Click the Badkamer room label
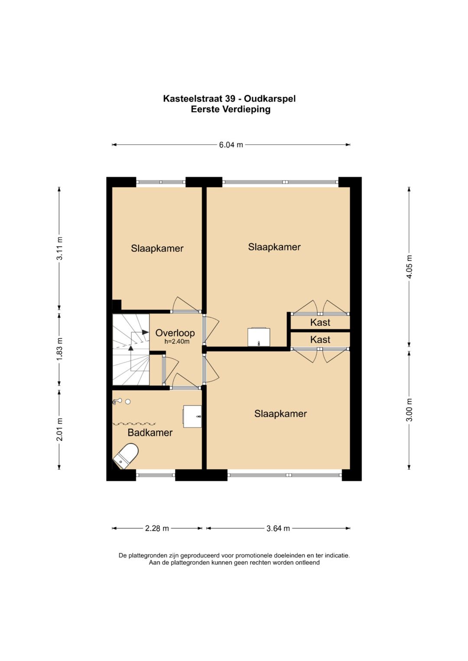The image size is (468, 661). (x=150, y=432)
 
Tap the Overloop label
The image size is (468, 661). (x=175, y=333)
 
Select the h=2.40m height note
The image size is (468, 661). (x=177, y=342)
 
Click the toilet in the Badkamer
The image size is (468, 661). (x=126, y=456)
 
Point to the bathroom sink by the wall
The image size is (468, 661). (x=192, y=416)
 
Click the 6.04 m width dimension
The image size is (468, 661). (x=231, y=145)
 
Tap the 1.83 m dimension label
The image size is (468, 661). (x=60, y=348)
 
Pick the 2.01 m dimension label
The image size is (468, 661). (x=60, y=429)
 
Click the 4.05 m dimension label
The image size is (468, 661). (x=409, y=267)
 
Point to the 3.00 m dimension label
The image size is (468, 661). (x=409, y=410)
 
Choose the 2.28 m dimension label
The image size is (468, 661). (x=157, y=528)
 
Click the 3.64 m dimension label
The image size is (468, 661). (x=278, y=528)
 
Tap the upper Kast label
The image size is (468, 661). (x=320, y=322)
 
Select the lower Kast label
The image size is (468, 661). (x=320, y=340)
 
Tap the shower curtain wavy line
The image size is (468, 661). (x=134, y=424)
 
